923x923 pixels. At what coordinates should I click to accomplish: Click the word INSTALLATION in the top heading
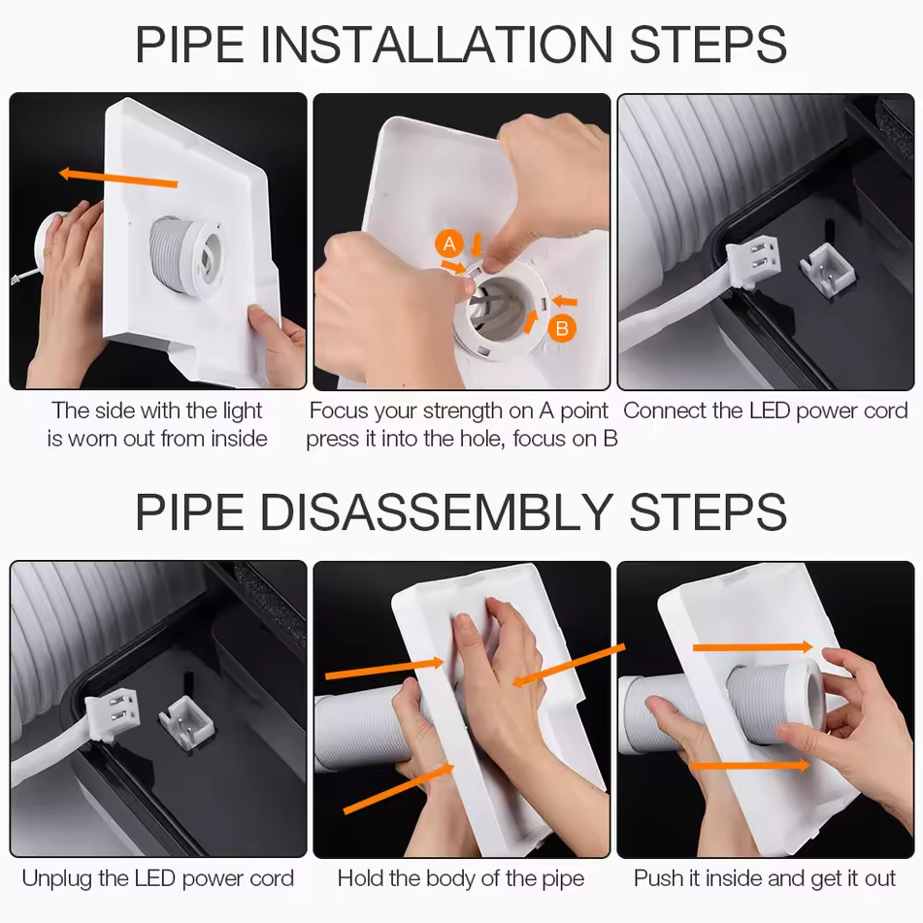point(436,44)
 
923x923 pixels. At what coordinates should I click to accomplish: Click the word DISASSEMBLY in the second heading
point(436,512)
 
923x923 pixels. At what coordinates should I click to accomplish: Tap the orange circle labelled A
point(449,244)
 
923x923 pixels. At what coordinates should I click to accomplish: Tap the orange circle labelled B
point(562,328)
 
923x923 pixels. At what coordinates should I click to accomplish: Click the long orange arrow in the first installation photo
point(117,178)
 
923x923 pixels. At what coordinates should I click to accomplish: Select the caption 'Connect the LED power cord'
point(765,411)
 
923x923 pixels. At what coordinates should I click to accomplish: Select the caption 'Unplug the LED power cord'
point(158,878)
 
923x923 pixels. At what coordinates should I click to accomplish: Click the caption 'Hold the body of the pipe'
point(461,878)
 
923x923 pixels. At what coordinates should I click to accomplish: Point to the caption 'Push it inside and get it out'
point(765,878)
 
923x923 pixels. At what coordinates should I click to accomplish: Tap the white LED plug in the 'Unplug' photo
point(113,716)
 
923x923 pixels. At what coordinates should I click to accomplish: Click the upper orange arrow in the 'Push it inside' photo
point(753,647)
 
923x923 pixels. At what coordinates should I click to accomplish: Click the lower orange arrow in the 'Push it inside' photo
point(749,765)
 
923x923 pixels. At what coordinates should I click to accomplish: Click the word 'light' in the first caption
point(242,411)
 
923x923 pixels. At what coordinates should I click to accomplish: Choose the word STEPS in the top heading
point(709,44)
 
